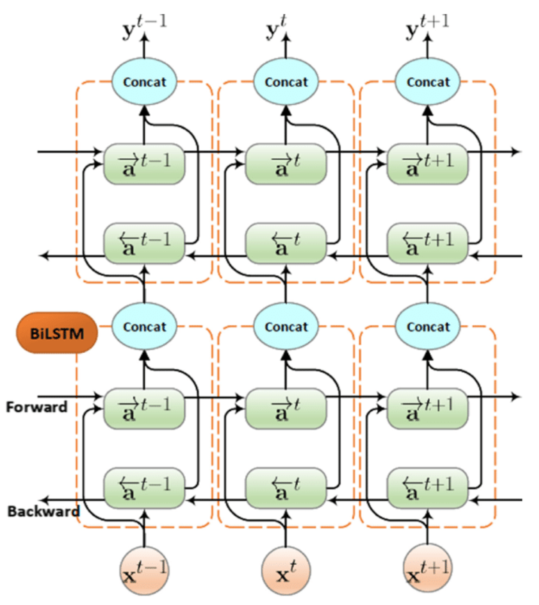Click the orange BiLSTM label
[x=57, y=333]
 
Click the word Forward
[x=37, y=407]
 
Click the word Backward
[x=43, y=511]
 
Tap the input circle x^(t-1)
[x=144, y=571]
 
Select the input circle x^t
[x=286, y=571]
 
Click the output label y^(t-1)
[x=144, y=27]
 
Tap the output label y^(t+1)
[x=427, y=27]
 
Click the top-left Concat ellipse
[x=144, y=82]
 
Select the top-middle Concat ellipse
[x=286, y=82]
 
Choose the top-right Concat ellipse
[x=428, y=82]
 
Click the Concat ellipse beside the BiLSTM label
[x=144, y=327]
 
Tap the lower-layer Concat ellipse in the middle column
[x=286, y=327]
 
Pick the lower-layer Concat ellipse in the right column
[x=428, y=327]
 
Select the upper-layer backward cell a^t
[x=286, y=244]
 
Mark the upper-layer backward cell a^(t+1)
[x=428, y=244]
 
